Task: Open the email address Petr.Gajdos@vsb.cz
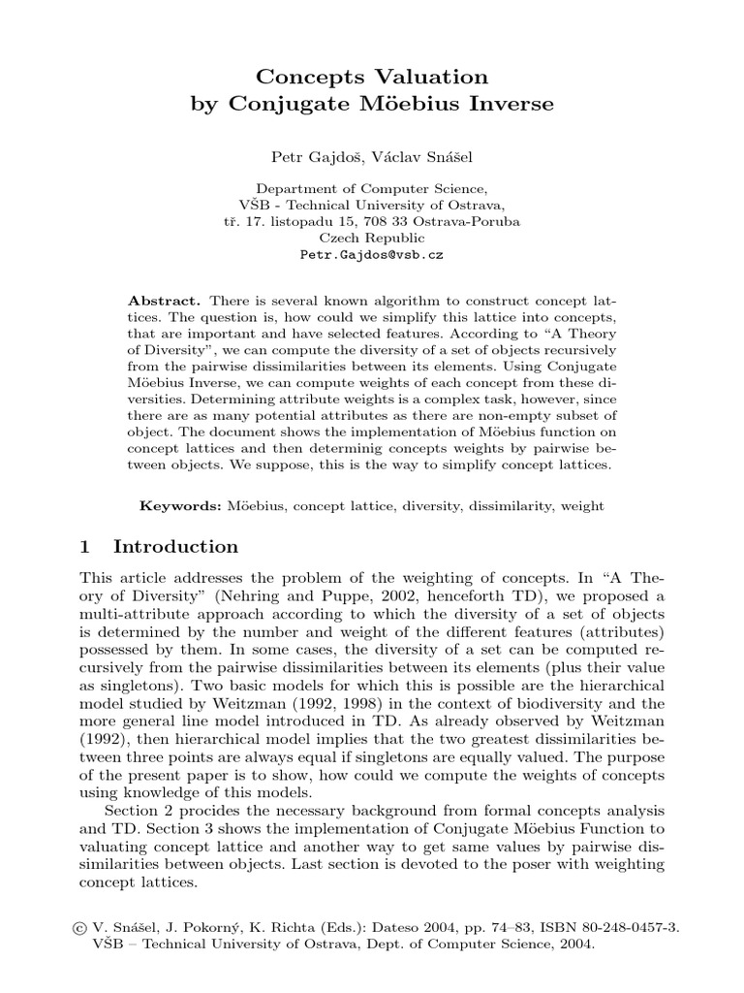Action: tap(371, 257)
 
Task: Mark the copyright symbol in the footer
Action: tap(66, 926)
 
